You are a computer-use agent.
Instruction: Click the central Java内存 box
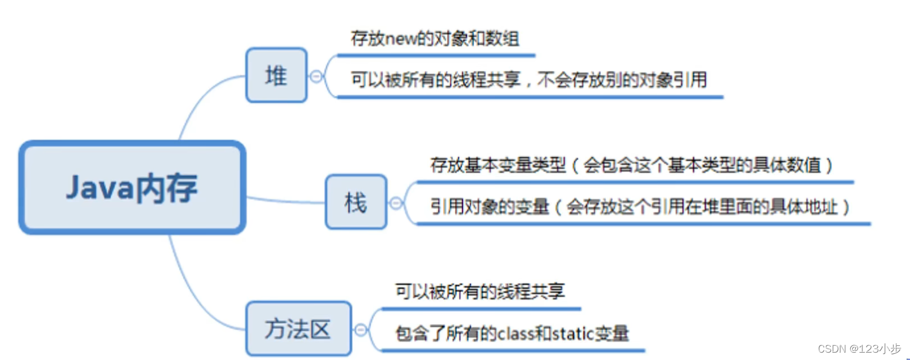tap(132, 188)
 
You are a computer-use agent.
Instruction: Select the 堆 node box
tap(276, 75)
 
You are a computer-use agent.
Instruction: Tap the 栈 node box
tap(356, 202)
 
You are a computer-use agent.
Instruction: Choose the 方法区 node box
tap(298, 329)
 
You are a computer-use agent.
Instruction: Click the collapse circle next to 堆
tap(317, 76)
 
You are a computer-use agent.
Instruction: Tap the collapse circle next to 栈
tap(396, 203)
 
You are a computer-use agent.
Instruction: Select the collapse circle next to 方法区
tap(361, 329)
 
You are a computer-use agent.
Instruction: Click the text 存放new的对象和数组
tap(435, 38)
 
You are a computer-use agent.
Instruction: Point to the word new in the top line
tap(400, 39)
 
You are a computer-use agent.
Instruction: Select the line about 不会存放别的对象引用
tap(622, 80)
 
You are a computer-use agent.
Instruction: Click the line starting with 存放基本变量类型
tap(631, 165)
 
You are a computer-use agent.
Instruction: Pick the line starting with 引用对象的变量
tap(639, 207)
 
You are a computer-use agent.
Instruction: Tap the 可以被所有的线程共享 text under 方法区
tap(480, 292)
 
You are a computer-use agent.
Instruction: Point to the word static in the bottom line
tap(573, 333)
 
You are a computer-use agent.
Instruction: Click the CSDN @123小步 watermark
tap(859, 349)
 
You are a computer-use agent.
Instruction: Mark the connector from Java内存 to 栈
tap(285, 201)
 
